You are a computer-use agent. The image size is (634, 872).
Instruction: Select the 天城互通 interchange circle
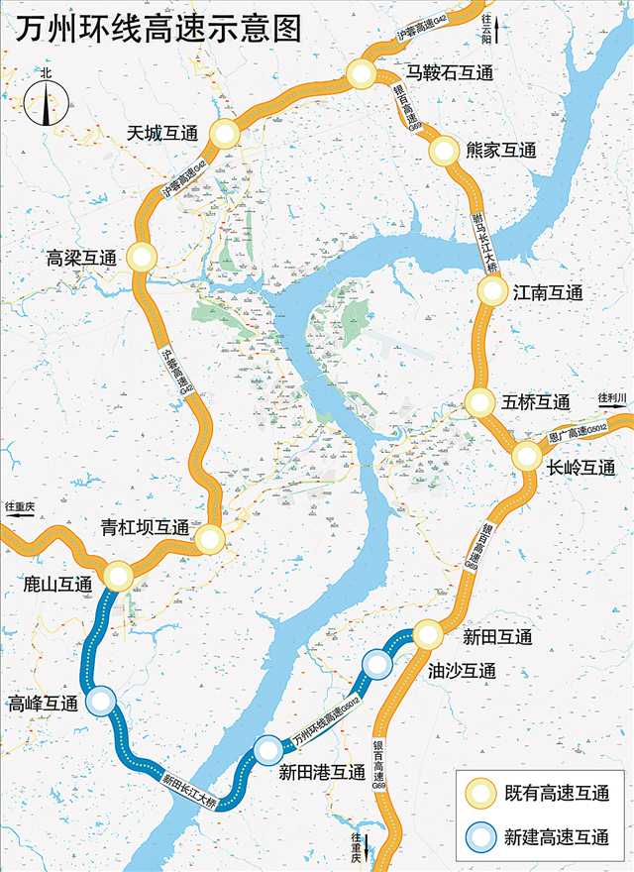click(226, 134)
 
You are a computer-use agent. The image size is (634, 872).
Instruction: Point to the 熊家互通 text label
click(500, 151)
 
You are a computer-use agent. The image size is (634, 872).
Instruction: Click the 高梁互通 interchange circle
click(142, 257)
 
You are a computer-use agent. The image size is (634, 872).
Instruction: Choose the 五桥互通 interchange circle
click(479, 402)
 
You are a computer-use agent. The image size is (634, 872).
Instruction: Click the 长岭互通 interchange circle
click(527, 456)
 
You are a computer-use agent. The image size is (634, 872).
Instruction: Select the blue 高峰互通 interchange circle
click(101, 702)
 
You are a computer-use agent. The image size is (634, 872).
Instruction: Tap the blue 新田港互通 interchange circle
click(266, 750)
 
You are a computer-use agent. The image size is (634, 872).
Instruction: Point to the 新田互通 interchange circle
click(428, 634)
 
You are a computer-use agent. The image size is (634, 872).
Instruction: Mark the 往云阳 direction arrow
click(496, 30)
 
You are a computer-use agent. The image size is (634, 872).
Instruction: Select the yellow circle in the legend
click(482, 794)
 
